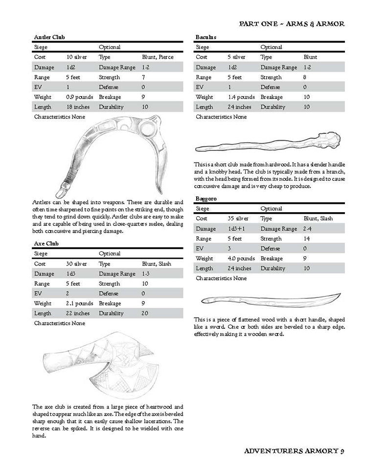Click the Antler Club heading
[49, 37]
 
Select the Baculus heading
[205, 37]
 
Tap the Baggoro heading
[206, 198]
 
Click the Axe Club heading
[46, 244]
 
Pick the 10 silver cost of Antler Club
[76, 57]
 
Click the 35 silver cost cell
[238, 219]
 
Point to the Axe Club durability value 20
[145, 313]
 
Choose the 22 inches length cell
[78, 313]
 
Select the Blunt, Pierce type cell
[157, 57]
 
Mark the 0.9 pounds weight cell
[79, 97]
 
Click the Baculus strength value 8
[304, 77]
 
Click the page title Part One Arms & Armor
[292, 24]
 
